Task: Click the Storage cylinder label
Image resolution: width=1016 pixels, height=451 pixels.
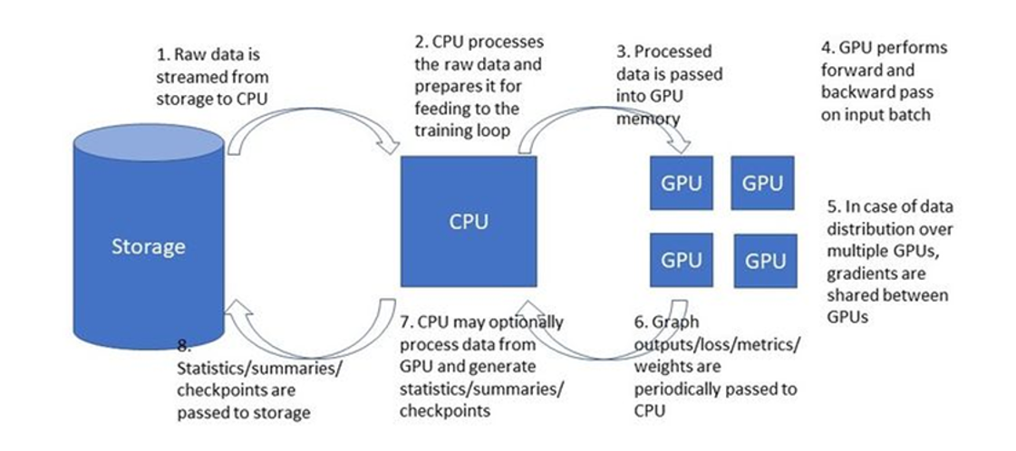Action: [x=149, y=246]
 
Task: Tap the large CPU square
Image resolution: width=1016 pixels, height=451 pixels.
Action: [x=469, y=221]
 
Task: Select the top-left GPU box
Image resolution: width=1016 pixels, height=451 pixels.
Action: [x=682, y=182]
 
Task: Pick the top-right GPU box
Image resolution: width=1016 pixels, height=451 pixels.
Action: [x=762, y=182]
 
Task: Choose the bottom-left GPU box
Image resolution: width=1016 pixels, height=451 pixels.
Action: [x=682, y=260]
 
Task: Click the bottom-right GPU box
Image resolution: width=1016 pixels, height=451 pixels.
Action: [x=765, y=261]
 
